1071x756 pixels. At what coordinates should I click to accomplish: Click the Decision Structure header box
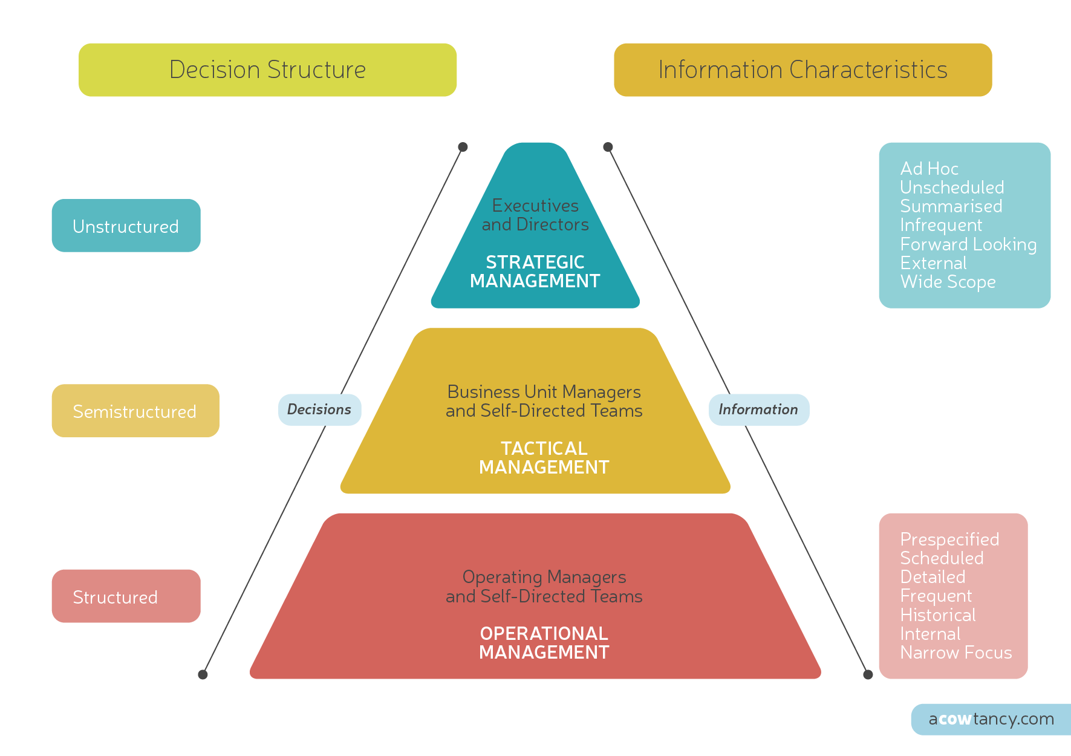(267, 70)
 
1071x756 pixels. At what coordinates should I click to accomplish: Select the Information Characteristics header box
(802, 70)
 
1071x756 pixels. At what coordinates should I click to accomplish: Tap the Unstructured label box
(126, 226)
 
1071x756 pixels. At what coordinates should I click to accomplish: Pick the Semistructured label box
(135, 411)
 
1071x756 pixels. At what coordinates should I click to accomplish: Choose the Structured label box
(126, 596)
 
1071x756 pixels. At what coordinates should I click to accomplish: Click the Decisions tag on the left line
(319, 409)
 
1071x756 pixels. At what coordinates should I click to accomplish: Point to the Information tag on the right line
(758, 409)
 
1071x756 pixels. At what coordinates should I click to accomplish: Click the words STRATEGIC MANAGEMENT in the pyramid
(535, 272)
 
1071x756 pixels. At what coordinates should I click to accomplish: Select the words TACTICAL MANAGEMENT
(544, 458)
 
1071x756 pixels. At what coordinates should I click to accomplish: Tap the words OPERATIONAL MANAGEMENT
(544, 643)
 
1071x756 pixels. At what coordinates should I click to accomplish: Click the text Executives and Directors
(535, 215)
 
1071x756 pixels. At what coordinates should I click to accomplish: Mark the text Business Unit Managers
(544, 392)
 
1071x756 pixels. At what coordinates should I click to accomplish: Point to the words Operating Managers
(544, 577)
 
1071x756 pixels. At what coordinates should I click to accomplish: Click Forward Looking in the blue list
(968, 244)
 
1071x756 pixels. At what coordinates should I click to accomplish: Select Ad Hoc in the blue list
(929, 169)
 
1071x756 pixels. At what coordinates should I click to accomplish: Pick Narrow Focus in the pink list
(955, 653)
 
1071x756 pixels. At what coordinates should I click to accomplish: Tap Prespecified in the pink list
(949, 539)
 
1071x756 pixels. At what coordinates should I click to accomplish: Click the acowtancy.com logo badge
(991, 719)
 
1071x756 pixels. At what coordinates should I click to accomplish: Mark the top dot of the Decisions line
(463, 147)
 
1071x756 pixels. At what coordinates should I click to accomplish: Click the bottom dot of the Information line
(868, 674)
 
